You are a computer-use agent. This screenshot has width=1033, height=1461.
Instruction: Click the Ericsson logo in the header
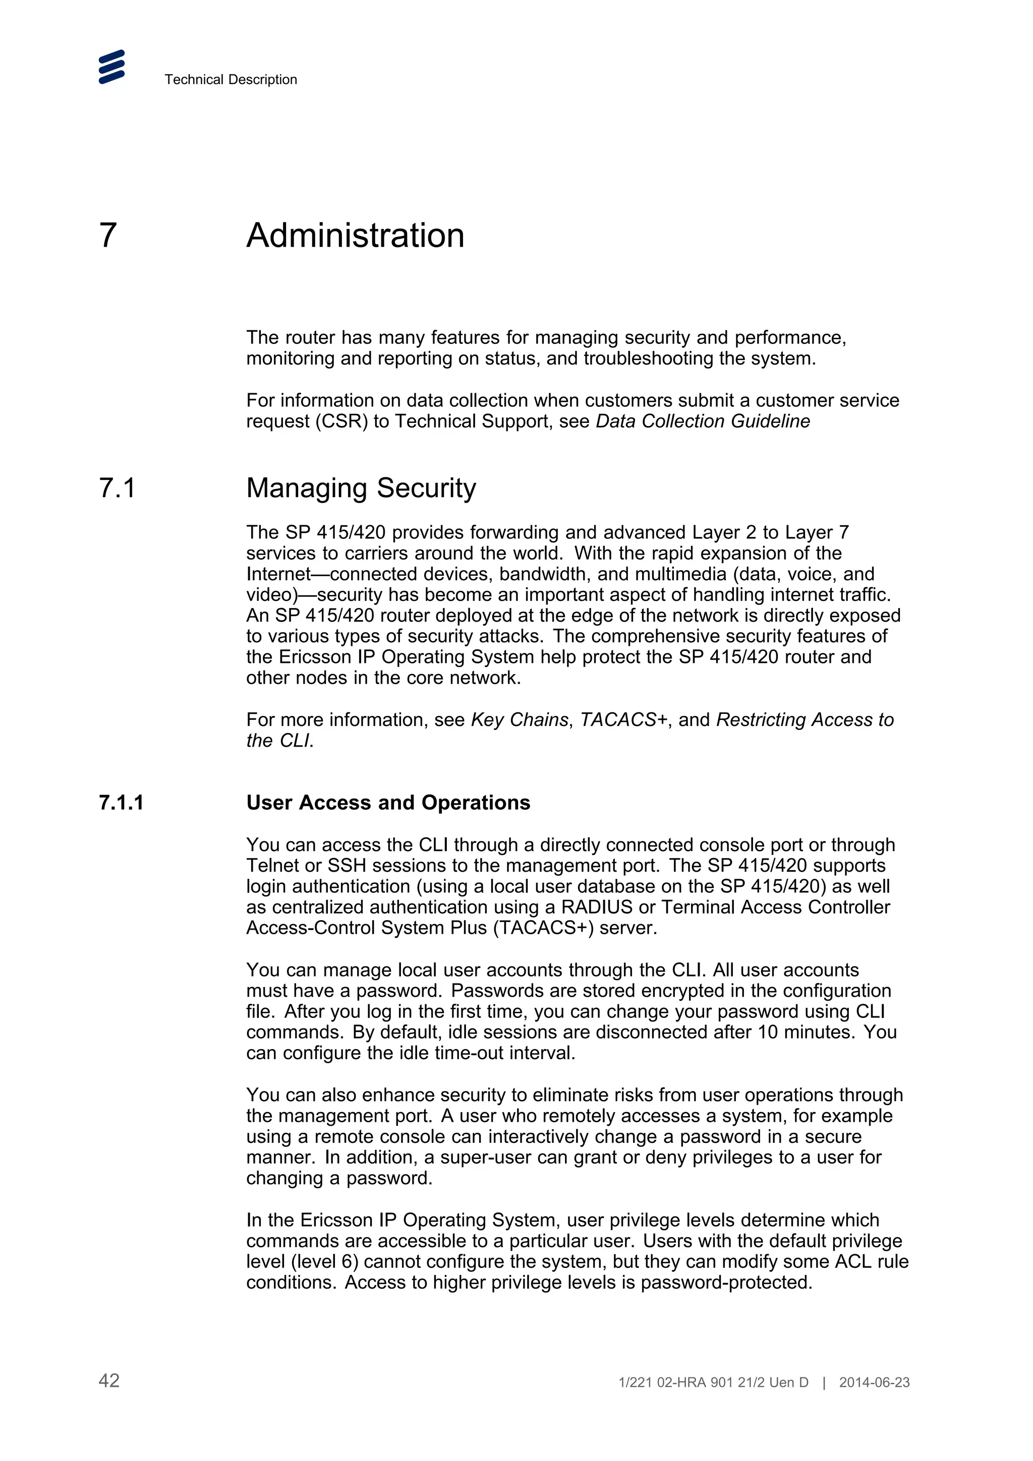pyautogui.click(x=111, y=67)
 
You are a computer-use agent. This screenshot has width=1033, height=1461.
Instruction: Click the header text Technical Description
pyautogui.click(x=231, y=80)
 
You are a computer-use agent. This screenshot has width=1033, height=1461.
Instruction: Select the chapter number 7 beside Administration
pyautogui.click(x=108, y=235)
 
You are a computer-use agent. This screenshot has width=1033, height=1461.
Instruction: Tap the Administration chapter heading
pyautogui.click(x=355, y=235)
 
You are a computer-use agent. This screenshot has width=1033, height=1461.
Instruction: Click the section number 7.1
pyautogui.click(x=117, y=488)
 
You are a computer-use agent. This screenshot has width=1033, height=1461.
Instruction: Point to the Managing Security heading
pyautogui.click(x=361, y=488)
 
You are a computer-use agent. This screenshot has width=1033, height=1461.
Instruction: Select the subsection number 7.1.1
pyautogui.click(x=121, y=803)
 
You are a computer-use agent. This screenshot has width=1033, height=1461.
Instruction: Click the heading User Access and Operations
pyautogui.click(x=388, y=803)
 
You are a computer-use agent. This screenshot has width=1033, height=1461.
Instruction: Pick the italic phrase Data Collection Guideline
pyautogui.click(x=703, y=421)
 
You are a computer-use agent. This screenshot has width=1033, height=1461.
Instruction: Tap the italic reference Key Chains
pyautogui.click(x=520, y=720)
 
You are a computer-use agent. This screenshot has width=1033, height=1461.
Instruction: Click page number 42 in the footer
pyautogui.click(x=109, y=1380)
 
